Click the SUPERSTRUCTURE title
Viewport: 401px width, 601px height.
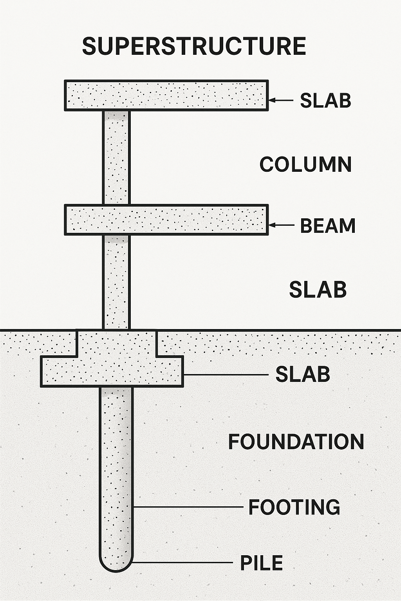(x=194, y=46)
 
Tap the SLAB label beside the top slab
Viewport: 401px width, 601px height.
(x=325, y=101)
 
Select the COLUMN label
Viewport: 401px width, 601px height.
(x=305, y=164)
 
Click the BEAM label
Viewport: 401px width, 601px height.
(x=328, y=226)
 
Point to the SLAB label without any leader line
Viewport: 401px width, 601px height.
(x=318, y=290)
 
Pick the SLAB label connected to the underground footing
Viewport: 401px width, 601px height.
(x=303, y=374)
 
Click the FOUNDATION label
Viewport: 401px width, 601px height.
(x=296, y=442)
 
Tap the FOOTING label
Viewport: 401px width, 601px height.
(x=294, y=507)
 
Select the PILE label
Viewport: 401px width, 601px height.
(x=261, y=563)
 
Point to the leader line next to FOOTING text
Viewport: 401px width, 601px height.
(x=188, y=507)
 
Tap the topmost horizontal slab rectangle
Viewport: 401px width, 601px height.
(x=166, y=95)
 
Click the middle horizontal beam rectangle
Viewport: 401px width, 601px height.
(x=166, y=220)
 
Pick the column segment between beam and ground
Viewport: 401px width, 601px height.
(x=116, y=282)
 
